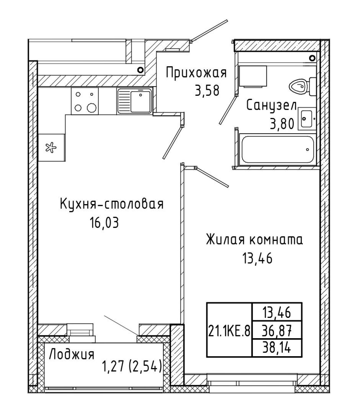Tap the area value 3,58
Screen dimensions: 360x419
[x=207, y=91]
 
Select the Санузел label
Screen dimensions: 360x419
[x=271, y=106]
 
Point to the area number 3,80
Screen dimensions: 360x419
[x=282, y=124]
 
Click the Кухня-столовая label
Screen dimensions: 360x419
[x=112, y=204]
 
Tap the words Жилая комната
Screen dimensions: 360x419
[x=254, y=240]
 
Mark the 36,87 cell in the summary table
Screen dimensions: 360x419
[x=277, y=330]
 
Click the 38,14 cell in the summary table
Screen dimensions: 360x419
[x=277, y=348]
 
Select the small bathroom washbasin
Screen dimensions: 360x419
[x=307, y=119]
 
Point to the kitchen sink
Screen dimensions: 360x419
[x=134, y=101]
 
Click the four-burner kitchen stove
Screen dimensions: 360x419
[x=85, y=101]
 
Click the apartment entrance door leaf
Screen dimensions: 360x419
[x=210, y=30]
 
